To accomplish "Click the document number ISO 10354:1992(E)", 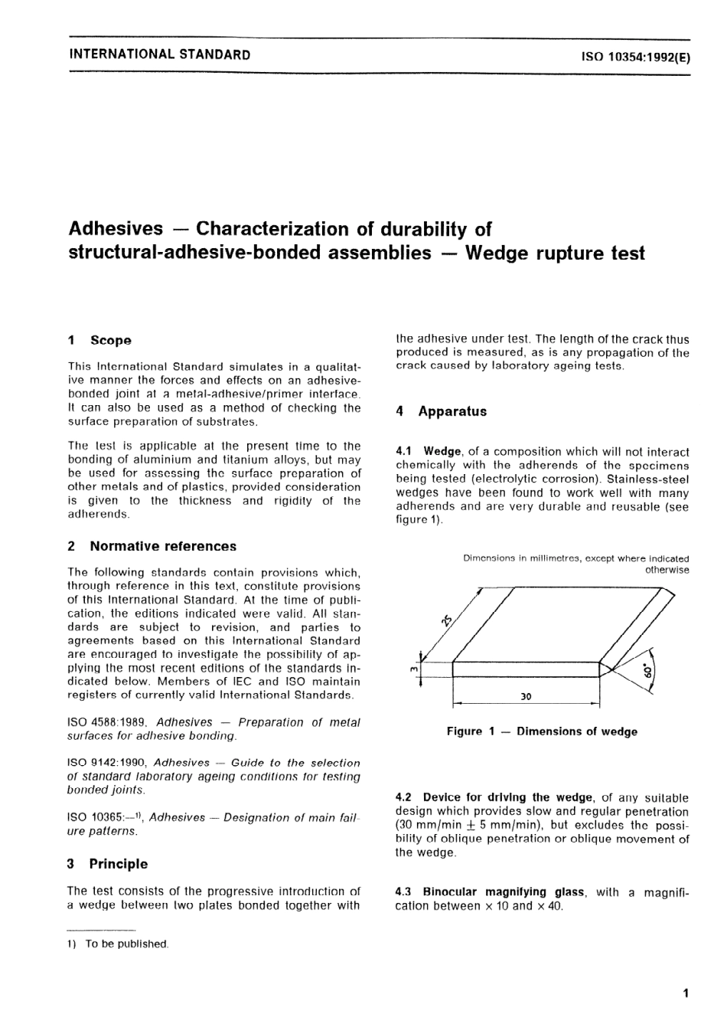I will pyautogui.click(x=635, y=55).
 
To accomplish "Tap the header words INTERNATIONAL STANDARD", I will pyautogui.click(x=159, y=54).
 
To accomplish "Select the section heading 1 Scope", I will pyautogui.click(x=100, y=340).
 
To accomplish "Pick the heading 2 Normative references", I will pyautogui.click(x=152, y=546).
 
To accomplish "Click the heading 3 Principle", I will pyautogui.click(x=108, y=864).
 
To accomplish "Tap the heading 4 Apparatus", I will pyautogui.click(x=442, y=411).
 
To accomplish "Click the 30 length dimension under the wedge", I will pyautogui.click(x=526, y=697).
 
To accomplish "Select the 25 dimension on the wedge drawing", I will pyautogui.click(x=446, y=620).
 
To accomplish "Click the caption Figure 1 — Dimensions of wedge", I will pyautogui.click(x=542, y=731).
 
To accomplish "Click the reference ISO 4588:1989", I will pyautogui.click(x=109, y=722).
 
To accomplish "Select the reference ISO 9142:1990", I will pyautogui.click(x=109, y=763).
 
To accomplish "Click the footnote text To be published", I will pyautogui.click(x=126, y=944).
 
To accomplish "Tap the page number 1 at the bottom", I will pyautogui.click(x=686, y=993).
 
